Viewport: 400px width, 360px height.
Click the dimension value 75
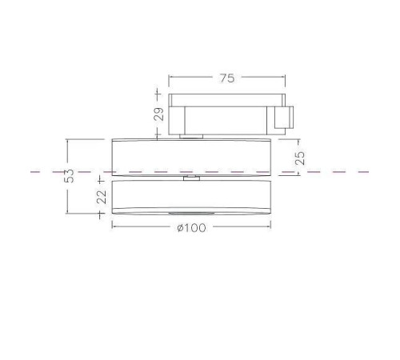tap(228, 79)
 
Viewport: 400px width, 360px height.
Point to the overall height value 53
tap(70, 176)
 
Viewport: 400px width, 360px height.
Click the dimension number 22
tap(102, 196)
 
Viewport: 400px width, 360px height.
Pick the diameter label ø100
tap(191, 229)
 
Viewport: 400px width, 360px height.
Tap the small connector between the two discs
tap(191, 179)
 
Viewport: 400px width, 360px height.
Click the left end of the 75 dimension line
tap(169, 78)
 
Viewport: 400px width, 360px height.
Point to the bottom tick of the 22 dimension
tap(102, 215)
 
